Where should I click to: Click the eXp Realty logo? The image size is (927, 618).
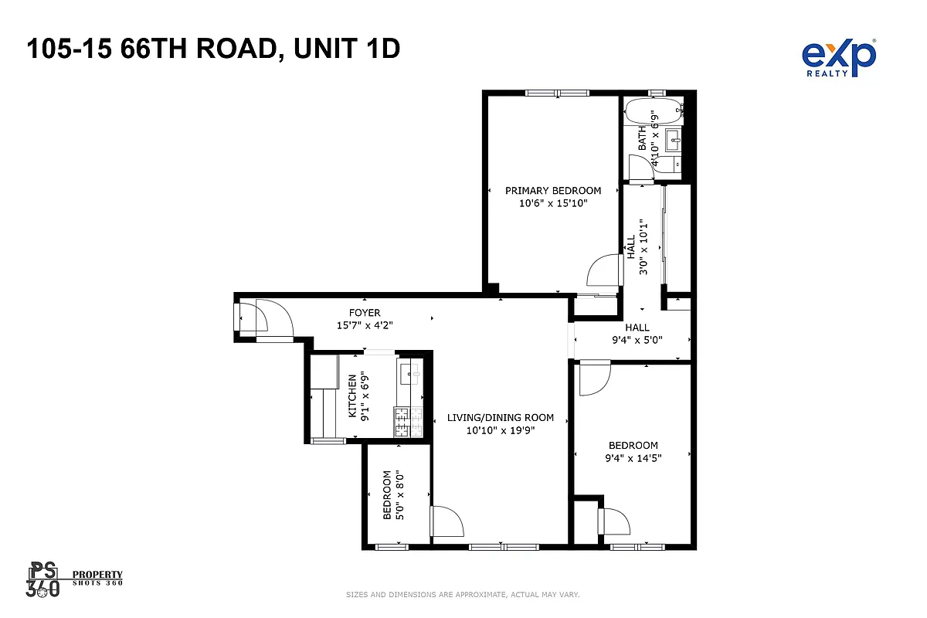coord(839,58)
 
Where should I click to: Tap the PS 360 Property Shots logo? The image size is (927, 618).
coord(75,579)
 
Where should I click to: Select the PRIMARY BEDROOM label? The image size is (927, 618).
coord(553,191)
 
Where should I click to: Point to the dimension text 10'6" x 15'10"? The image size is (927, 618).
coord(553,204)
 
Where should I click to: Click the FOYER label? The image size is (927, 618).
coord(364,313)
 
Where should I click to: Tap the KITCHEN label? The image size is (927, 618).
coord(352,396)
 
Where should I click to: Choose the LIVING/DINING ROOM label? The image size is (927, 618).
coord(501,418)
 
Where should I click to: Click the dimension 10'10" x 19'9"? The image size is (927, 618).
coord(501,431)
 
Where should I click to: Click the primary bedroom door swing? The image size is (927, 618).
coord(605,271)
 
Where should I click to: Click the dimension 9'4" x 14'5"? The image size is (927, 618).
coord(633,458)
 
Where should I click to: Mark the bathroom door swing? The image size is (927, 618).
coord(640,168)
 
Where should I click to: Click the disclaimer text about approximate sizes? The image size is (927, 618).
coord(463,595)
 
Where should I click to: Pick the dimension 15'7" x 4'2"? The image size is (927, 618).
coord(364,326)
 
